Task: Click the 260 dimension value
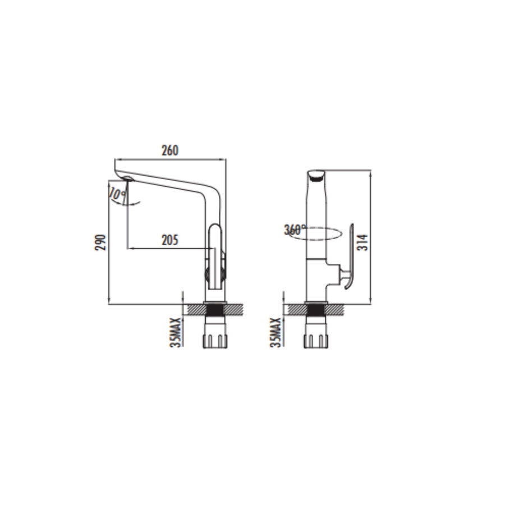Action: point(169,150)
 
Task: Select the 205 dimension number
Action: point(169,240)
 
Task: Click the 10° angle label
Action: point(117,195)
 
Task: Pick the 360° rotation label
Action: point(295,229)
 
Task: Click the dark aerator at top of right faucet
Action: point(316,177)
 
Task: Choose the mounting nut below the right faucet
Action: point(315,339)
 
